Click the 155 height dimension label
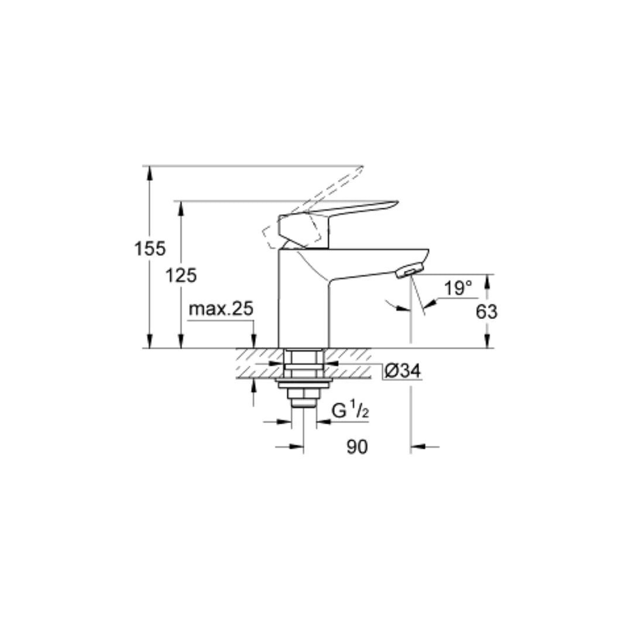coord(150,249)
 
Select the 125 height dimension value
coord(180,275)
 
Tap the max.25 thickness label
coord(221,309)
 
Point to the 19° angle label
coord(457,288)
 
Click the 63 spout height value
coord(486,312)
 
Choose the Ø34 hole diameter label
coord(403,371)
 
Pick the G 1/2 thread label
coord(350,411)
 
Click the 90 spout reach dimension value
coord(357,447)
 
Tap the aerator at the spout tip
coord(408,272)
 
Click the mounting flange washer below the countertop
coord(304,383)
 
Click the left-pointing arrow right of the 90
coord(417,447)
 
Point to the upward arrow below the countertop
coord(253,384)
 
